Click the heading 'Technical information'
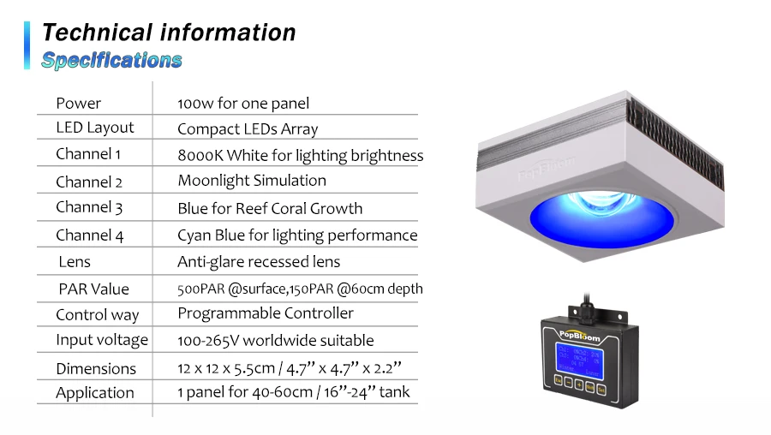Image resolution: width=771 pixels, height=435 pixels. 169,33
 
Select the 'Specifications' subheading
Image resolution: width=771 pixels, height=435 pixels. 111,60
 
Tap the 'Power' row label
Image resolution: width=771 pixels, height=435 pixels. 78,104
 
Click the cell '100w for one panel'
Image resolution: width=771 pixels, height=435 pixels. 243,104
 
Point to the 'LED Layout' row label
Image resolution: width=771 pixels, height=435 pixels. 95,128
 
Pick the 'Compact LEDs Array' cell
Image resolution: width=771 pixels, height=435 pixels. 248,129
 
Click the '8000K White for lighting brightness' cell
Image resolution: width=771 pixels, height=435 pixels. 300,155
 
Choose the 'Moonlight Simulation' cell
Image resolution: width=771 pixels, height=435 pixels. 252,181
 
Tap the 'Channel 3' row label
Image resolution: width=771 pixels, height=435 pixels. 89,207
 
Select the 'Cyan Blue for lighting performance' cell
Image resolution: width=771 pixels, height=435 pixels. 297,235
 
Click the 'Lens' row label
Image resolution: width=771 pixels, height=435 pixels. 75,261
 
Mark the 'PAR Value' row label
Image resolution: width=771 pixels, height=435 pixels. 93,289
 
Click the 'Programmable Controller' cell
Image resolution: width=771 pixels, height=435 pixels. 266,313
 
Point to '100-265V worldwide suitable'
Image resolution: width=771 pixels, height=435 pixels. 275,340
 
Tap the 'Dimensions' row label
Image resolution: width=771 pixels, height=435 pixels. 96,368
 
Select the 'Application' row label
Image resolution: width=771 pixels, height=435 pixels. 95,393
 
